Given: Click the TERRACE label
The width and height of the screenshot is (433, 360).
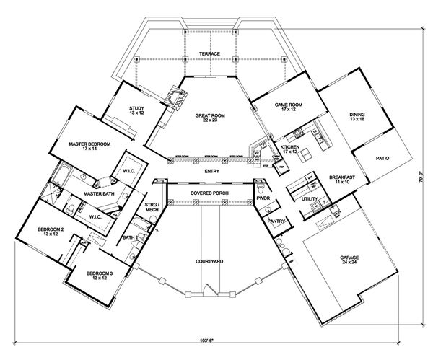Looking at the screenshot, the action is click(x=210, y=53).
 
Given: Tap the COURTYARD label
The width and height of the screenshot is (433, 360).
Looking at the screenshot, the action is click(x=210, y=260).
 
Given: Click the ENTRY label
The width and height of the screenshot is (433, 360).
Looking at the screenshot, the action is click(x=212, y=171).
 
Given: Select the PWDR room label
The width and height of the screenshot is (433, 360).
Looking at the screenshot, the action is click(x=263, y=196).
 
